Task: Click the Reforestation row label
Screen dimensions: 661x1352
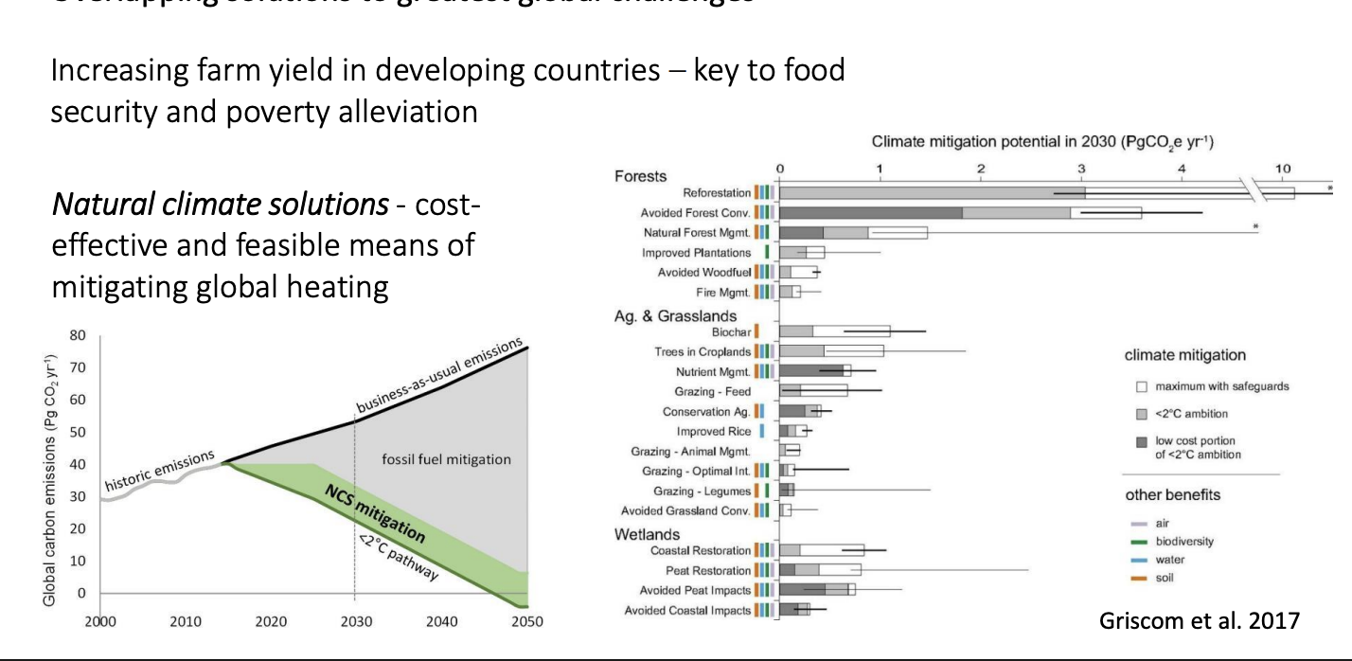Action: pos(717,192)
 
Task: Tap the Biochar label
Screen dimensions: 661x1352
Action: pos(731,331)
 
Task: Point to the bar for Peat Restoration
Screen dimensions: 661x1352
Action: pos(820,570)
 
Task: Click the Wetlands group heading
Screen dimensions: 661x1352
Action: pos(646,534)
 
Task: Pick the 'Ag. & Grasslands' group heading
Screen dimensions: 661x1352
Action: pos(675,315)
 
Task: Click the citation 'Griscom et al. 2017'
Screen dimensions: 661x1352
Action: pos(1200,621)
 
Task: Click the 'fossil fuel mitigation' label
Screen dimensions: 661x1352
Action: pos(446,460)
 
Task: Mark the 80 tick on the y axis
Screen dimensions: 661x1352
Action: pos(79,335)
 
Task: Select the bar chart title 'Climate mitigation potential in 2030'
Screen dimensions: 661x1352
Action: pos(1042,143)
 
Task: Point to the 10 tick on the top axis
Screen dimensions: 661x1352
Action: pos(1282,169)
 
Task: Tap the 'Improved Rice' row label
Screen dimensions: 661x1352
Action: pos(720,431)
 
